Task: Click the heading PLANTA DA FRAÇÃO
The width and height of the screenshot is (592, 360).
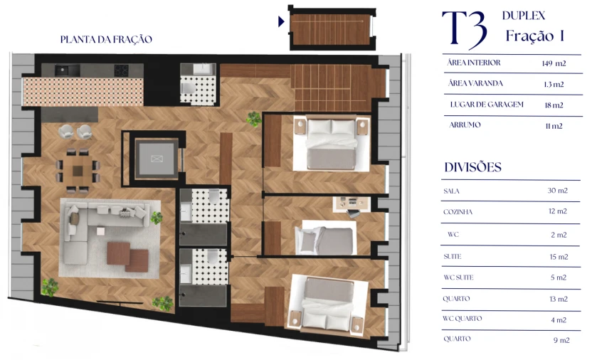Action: (106, 40)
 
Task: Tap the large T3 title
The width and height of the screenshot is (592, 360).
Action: (464, 30)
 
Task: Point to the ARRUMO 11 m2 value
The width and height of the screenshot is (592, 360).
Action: (552, 126)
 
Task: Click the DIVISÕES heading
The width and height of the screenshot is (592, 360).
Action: (472, 168)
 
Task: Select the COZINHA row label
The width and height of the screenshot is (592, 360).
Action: (458, 212)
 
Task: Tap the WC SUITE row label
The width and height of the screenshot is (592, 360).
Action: (459, 277)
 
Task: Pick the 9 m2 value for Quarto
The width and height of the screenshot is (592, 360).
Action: (561, 340)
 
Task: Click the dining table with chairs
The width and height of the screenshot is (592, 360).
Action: (78, 169)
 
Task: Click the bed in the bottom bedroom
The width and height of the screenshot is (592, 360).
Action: (329, 304)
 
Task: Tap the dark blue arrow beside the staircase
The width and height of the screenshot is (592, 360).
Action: (282, 22)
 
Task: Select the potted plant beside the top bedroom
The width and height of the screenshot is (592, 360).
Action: (254, 119)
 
